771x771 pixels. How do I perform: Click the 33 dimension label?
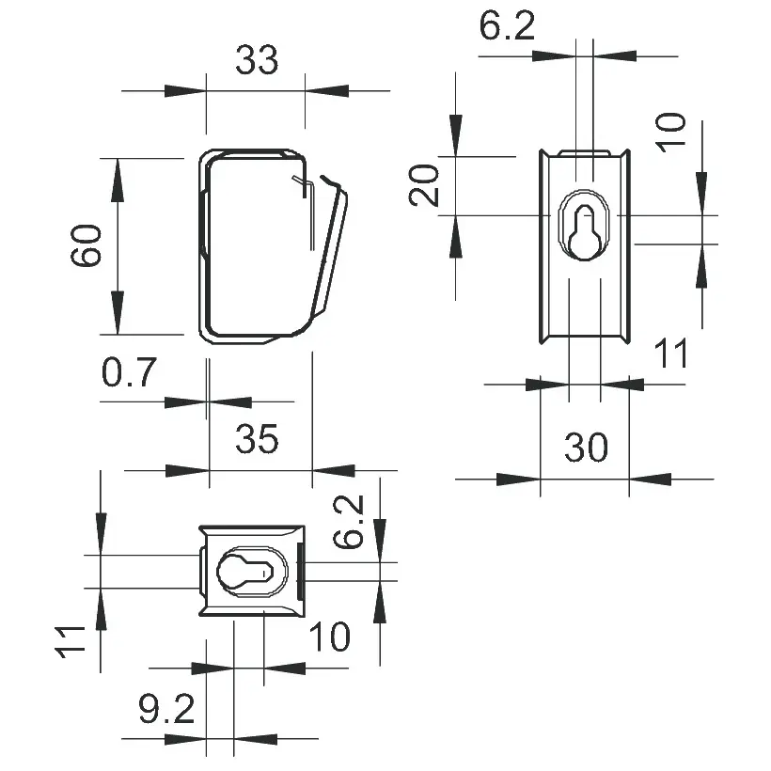click(x=257, y=61)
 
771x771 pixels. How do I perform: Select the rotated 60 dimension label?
click(x=87, y=246)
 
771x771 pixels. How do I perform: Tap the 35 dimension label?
click(x=257, y=439)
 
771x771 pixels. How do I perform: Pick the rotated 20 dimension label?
click(x=426, y=184)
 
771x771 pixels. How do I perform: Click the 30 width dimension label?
click(x=585, y=448)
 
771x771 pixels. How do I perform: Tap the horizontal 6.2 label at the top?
click(x=507, y=26)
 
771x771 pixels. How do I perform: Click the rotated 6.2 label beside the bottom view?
click(x=349, y=524)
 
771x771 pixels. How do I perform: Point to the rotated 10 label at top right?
click(x=671, y=133)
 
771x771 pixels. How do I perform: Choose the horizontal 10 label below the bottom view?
click(x=329, y=637)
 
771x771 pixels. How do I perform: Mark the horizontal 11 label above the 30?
click(x=671, y=354)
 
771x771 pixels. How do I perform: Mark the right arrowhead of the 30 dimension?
click(x=650, y=479)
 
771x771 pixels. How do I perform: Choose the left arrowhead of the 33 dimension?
click(x=185, y=91)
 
